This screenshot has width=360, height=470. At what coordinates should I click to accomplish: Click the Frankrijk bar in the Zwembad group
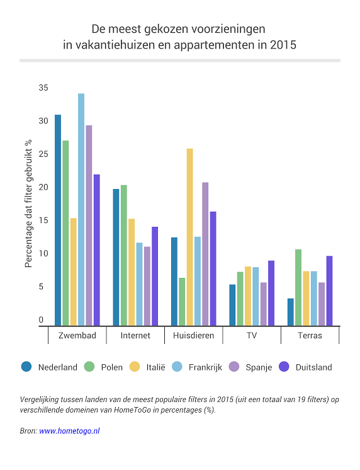pos(81,210)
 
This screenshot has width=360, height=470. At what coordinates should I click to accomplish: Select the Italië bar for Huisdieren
pos(189,237)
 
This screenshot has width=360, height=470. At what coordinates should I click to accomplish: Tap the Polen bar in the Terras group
pos(298,287)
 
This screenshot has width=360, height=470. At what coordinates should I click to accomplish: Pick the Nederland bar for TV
pos(232,305)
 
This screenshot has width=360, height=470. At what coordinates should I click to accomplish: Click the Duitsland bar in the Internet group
pos(155,277)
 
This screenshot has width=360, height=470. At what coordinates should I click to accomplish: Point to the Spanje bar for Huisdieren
pos(205,254)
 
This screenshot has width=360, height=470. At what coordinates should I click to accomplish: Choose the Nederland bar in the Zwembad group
pos(58,221)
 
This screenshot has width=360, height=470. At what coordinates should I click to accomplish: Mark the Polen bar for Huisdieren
pos(182,302)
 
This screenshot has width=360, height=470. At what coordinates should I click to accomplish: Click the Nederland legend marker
pos(26,367)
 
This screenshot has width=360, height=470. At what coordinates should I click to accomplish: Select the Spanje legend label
pos(259,367)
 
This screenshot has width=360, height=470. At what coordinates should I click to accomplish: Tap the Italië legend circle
pos(135,367)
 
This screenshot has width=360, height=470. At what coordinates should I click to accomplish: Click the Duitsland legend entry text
pos(314,367)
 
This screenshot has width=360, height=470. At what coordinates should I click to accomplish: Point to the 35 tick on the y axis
pos(43,88)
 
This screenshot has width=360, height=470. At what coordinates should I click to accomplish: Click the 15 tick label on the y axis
pos(43,221)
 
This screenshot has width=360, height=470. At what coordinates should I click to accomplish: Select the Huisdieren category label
pos(193,335)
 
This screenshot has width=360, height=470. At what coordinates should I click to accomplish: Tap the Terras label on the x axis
pos(310,335)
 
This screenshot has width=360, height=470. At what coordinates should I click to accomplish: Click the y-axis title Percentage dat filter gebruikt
pos(28,203)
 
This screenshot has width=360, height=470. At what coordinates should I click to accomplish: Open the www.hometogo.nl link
pos(69,431)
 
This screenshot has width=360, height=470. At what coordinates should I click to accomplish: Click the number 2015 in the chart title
pos(283,45)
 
